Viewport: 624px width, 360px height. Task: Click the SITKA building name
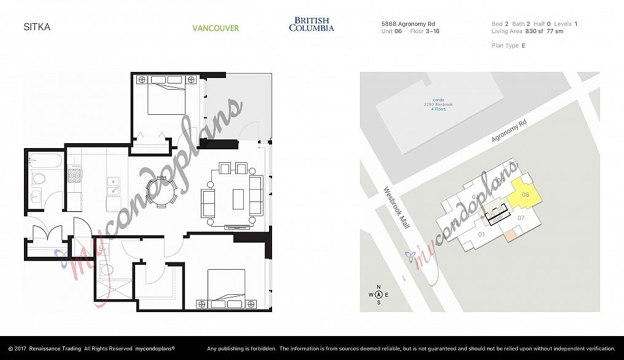[x=37, y=27]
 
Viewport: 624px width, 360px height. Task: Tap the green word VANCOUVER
[x=216, y=28]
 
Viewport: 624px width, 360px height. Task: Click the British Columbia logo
[x=311, y=25]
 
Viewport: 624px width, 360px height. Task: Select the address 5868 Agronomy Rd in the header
[x=410, y=24]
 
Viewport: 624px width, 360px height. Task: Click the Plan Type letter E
[x=523, y=45]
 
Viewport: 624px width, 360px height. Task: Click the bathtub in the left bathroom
[x=45, y=162]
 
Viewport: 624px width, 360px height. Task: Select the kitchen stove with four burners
[x=74, y=175]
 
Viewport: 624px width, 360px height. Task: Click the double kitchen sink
[x=114, y=186]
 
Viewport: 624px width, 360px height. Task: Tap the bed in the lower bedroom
[x=227, y=288]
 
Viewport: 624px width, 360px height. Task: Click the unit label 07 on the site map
[x=521, y=218]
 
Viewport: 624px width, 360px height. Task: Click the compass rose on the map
[x=379, y=295]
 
